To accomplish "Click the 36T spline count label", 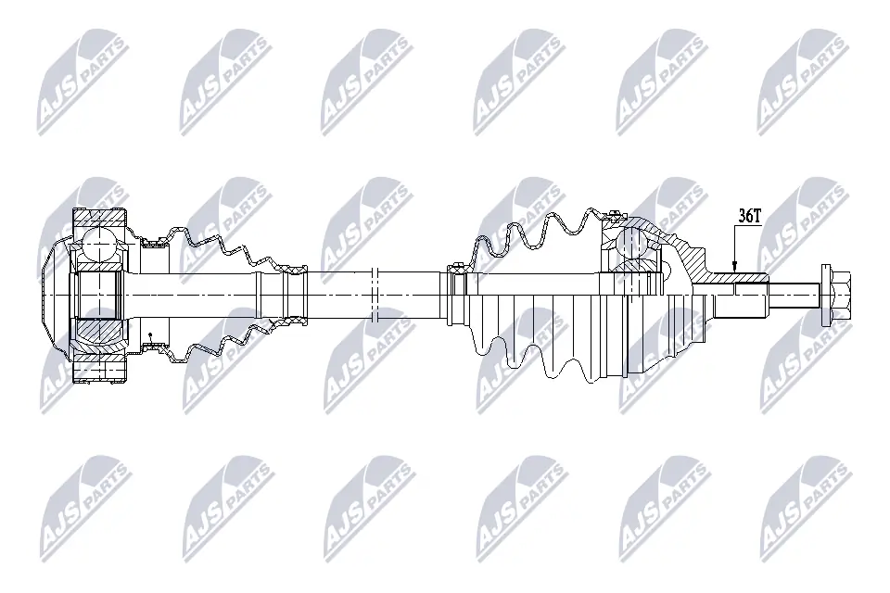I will tap(749, 215).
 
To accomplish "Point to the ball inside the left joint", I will tap(97, 246).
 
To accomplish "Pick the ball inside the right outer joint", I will tap(632, 244).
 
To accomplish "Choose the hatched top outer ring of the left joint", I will tap(100, 219).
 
